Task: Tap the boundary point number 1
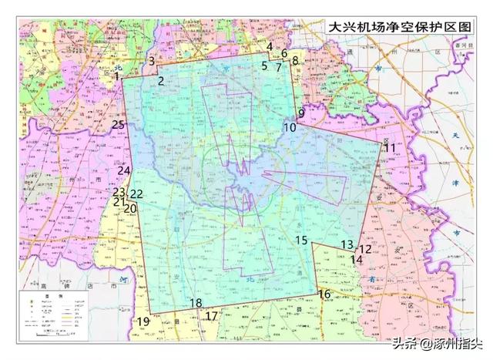tap(116, 76)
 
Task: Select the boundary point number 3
tap(153, 61)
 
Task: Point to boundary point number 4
tap(270, 47)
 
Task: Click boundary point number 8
tap(294, 60)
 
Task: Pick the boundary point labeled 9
tap(301, 113)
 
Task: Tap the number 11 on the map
tap(390, 147)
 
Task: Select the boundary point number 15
tap(301, 241)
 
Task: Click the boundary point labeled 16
tap(324, 294)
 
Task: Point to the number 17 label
tap(211, 316)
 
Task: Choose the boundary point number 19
tap(143, 321)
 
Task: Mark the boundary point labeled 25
tap(118, 124)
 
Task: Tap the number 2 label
tap(161, 81)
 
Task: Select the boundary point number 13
tap(347, 244)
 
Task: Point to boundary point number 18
tap(196, 303)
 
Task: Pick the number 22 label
tap(136, 194)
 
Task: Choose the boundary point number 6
tap(284, 53)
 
